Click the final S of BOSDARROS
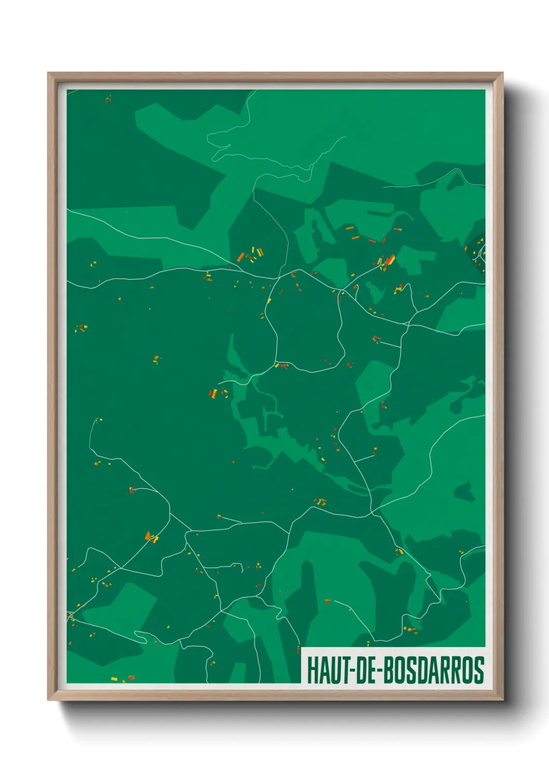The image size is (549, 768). click(x=479, y=670)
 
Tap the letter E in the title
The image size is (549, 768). click(x=373, y=670)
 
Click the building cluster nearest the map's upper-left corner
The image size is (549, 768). click(x=108, y=99)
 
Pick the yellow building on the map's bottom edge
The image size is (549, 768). click(x=114, y=678)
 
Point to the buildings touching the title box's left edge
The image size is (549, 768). click(x=298, y=649)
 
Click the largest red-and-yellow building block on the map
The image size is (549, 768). click(x=389, y=259)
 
